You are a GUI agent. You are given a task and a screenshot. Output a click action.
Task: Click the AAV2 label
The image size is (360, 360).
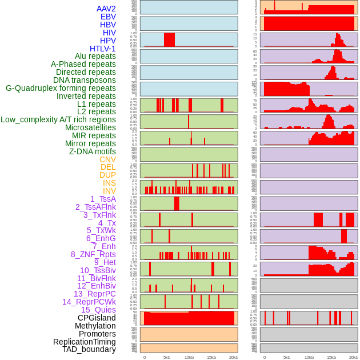pyautogui.click(x=106, y=9)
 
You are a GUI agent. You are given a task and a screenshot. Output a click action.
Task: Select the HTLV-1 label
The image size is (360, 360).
pyautogui.click(x=102, y=49)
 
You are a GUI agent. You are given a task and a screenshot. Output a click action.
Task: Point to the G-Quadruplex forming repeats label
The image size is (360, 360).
pyautogui.click(x=61, y=88)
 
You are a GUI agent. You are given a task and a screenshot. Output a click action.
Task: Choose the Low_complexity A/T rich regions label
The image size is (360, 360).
pyautogui.click(x=58, y=119)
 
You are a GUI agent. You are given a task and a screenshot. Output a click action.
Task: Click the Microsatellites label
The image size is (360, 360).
pyautogui.click(x=90, y=127)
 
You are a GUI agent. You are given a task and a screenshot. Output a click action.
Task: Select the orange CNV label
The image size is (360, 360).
pyautogui.click(x=107, y=159)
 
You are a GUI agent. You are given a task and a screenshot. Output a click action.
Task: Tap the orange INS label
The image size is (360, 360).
pyautogui.click(x=109, y=183)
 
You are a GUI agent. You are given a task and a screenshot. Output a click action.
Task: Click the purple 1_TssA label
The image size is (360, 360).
pyautogui.click(x=103, y=199)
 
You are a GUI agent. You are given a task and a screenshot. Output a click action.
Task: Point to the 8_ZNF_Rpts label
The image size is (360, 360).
pyautogui.click(x=93, y=254)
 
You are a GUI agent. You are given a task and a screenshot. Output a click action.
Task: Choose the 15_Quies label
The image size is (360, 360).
pyautogui.click(x=98, y=310)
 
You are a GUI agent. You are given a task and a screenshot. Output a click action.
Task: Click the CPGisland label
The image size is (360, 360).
pyautogui.click(x=97, y=318)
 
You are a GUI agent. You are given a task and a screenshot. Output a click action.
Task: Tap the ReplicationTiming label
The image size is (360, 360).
pyautogui.click(x=84, y=342)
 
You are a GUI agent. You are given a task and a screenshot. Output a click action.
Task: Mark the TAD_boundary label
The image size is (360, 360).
pyautogui.click(x=89, y=349)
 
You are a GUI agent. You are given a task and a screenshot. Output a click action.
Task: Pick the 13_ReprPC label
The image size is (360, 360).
pyautogui.click(x=94, y=294)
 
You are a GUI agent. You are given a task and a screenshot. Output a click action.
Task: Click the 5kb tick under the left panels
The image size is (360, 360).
pyautogui.click(x=167, y=357)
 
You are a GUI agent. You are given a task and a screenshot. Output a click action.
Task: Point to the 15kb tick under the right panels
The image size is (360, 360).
pyautogui.click(x=331, y=357)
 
